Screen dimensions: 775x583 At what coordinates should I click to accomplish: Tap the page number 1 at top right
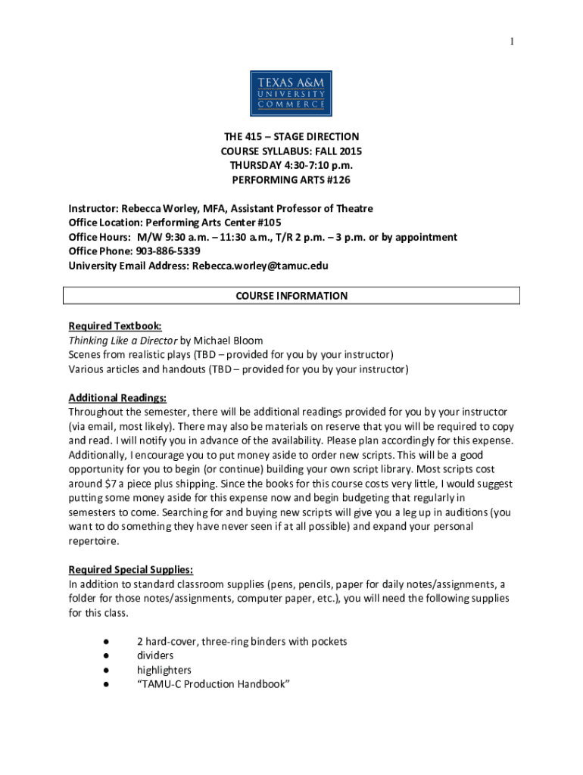(x=513, y=42)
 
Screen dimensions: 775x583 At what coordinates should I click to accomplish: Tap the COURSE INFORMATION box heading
(x=291, y=296)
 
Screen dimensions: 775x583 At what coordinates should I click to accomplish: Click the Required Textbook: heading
(x=114, y=326)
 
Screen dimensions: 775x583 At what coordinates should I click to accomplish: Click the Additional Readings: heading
(x=117, y=398)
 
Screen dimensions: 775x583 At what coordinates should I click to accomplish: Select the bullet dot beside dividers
(x=102, y=656)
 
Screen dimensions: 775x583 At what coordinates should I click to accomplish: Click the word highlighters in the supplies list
(x=164, y=671)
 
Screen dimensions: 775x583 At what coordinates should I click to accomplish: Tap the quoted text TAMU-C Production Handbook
(x=214, y=685)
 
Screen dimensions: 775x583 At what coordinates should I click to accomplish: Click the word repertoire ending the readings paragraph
(x=94, y=541)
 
